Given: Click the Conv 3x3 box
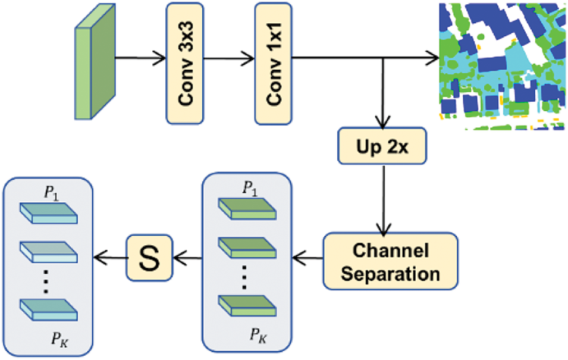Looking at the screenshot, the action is click(x=185, y=64).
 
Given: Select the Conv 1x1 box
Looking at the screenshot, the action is click(x=274, y=64).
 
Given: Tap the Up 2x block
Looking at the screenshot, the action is click(x=382, y=146).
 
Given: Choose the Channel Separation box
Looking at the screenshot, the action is click(x=391, y=261).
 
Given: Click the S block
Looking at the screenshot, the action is click(x=149, y=258).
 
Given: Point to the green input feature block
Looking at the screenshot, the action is click(x=95, y=62).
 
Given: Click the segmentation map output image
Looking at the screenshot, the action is click(x=502, y=66).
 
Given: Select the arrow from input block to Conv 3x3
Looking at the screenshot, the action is click(x=140, y=58).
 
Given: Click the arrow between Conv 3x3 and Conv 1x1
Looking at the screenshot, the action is click(x=229, y=58).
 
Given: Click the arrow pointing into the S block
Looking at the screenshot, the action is click(x=187, y=258).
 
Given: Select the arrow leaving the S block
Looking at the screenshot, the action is click(x=110, y=258).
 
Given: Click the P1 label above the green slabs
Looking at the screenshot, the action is click(x=250, y=189).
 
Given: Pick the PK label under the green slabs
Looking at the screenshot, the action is click(x=258, y=336).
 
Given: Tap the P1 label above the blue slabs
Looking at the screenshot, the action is click(x=51, y=193).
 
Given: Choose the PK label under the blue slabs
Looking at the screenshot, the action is click(x=59, y=340).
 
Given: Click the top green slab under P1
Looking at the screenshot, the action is click(x=247, y=209).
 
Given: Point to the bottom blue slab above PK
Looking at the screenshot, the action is click(x=49, y=310).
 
